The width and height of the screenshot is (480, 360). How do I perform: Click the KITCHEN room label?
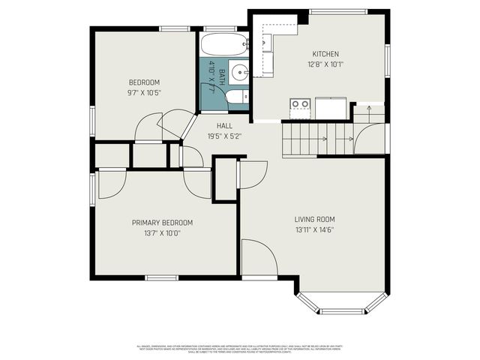click(x=325, y=54)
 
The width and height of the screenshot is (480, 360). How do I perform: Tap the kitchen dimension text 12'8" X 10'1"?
click(x=325, y=64)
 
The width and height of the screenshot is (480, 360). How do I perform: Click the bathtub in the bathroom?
click(x=223, y=44)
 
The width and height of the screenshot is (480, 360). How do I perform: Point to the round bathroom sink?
click(x=238, y=73)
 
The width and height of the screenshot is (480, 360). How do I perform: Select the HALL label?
click(x=224, y=126)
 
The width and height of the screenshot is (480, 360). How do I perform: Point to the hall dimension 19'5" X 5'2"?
click(x=224, y=136)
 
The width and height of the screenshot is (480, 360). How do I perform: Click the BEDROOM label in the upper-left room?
click(x=144, y=82)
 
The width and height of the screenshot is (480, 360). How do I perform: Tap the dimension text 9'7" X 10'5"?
click(x=144, y=92)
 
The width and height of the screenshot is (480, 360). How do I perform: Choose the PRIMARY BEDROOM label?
click(x=162, y=223)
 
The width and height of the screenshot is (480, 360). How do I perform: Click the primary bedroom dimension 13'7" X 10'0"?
click(x=162, y=232)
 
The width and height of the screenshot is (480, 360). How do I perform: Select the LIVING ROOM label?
click(x=314, y=220)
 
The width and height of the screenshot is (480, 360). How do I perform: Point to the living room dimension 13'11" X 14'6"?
click(x=314, y=229)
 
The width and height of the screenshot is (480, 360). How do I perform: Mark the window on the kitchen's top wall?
click(x=337, y=11)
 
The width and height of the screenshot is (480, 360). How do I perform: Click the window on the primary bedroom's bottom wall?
click(x=162, y=277)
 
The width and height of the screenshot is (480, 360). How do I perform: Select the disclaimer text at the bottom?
click(x=240, y=348)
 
